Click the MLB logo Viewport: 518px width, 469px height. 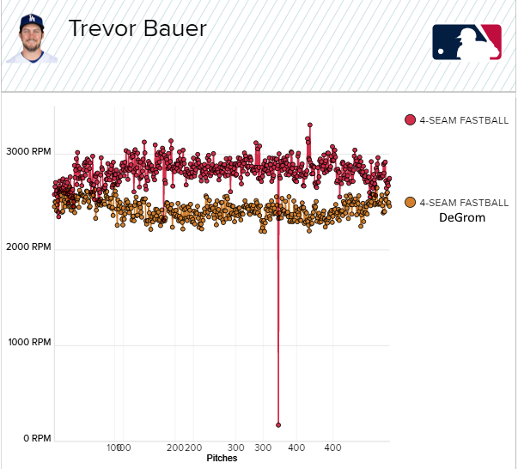[466, 42]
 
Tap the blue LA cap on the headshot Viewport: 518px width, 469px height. [32, 21]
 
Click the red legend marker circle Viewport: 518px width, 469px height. [411, 120]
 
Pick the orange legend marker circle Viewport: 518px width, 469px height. [411, 202]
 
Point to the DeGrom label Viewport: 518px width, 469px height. [462, 218]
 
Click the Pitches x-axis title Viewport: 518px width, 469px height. [222, 459]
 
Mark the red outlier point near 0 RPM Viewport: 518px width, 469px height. [278, 424]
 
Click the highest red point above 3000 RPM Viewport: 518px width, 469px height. [309, 125]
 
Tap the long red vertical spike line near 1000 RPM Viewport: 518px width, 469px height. [277, 344]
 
